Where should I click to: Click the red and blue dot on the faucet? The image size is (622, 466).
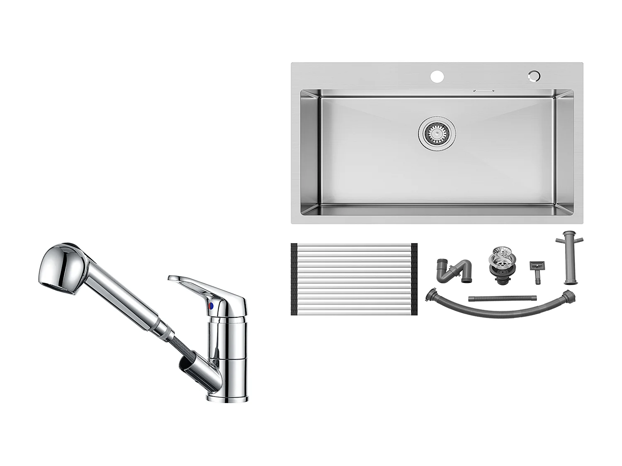tap(212, 307)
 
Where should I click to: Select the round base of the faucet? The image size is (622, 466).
tap(227, 398)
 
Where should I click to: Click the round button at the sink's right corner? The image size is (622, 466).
tap(534, 76)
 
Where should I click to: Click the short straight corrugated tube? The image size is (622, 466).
tap(502, 298)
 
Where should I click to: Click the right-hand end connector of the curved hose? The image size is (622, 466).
tap(569, 296)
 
